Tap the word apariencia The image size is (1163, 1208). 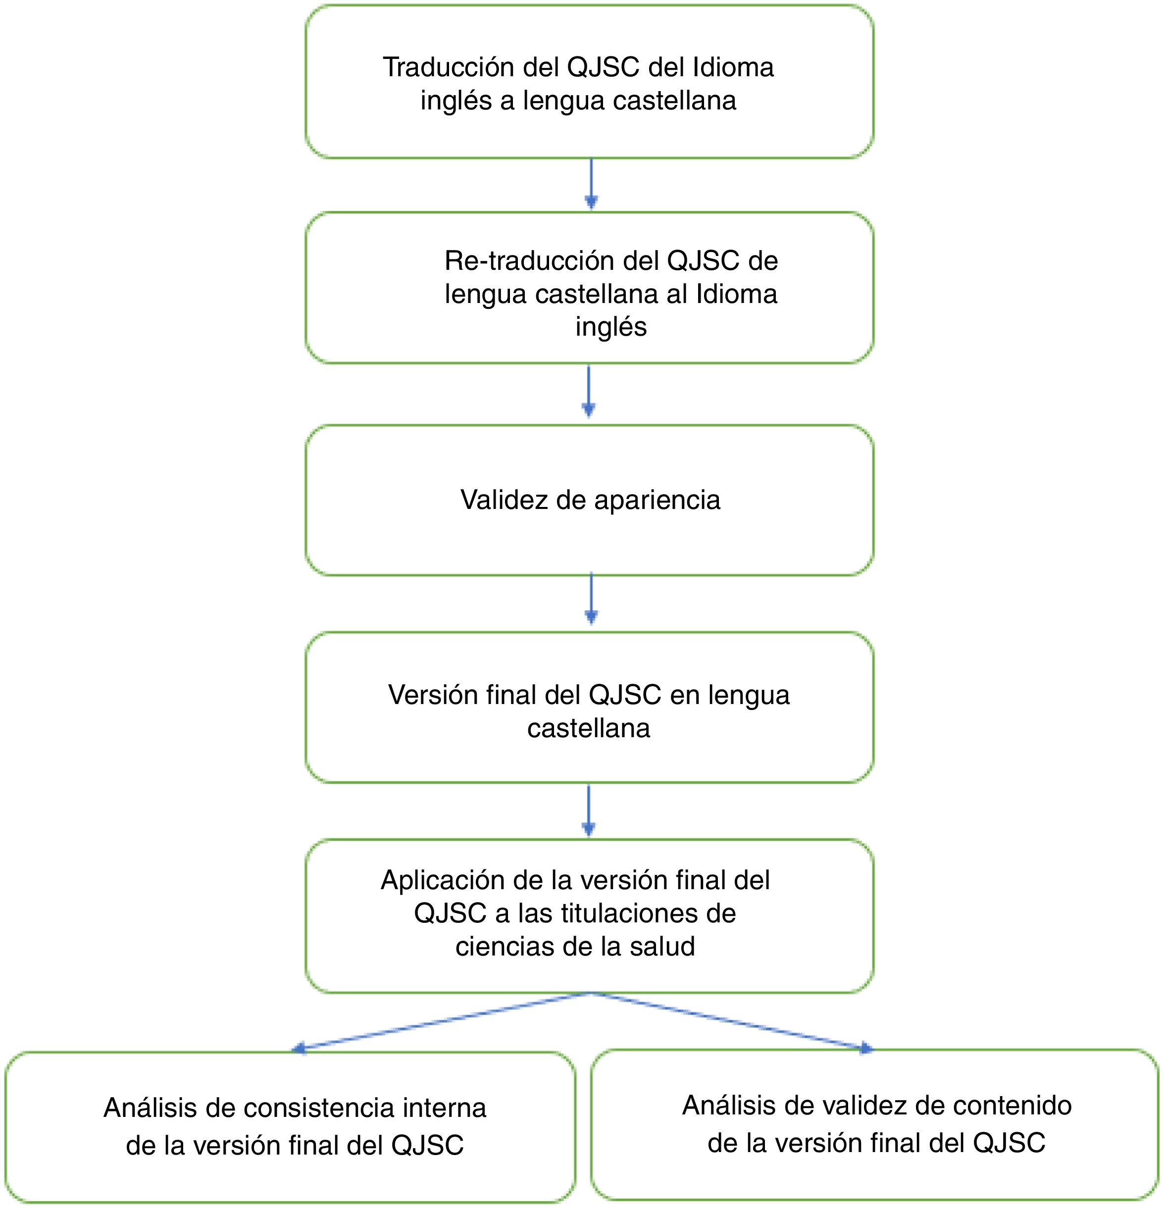click(657, 500)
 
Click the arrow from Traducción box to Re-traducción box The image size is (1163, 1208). click(591, 184)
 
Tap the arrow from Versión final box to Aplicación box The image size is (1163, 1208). click(589, 810)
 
